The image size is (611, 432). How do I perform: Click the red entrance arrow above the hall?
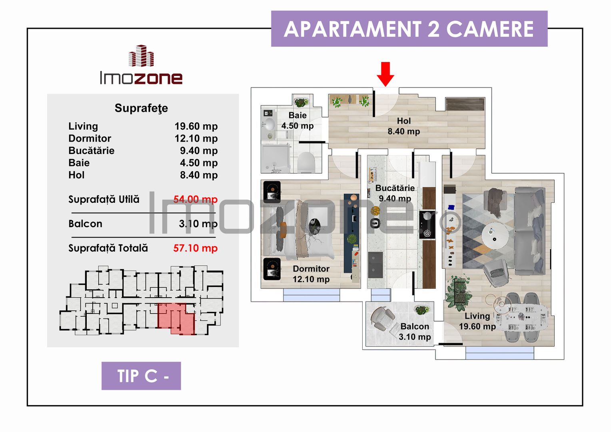(x=385, y=74)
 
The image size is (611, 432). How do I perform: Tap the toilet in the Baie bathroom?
(x=306, y=162)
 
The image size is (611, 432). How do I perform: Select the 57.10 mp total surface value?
(x=195, y=248)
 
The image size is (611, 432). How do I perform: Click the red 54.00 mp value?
(x=195, y=199)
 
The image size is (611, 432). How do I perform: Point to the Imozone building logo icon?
(x=141, y=56)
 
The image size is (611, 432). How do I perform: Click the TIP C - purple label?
(x=141, y=376)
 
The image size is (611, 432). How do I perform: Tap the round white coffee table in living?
(x=495, y=235)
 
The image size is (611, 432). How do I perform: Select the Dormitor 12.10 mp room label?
(x=311, y=274)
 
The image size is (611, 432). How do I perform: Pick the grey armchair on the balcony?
(x=382, y=318)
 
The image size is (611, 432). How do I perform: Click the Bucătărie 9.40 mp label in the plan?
(x=395, y=193)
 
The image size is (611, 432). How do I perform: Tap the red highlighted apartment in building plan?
(x=176, y=318)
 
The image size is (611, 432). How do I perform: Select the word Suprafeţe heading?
(x=141, y=108)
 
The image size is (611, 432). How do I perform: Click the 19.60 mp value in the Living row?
(x=196, y=126)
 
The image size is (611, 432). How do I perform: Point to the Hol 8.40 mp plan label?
(x=403, y=126)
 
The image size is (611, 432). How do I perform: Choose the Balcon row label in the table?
(x=85, y=224)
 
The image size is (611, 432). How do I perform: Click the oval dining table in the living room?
(x=522, y=317)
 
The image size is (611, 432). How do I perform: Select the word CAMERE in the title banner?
(x=489, y=29)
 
